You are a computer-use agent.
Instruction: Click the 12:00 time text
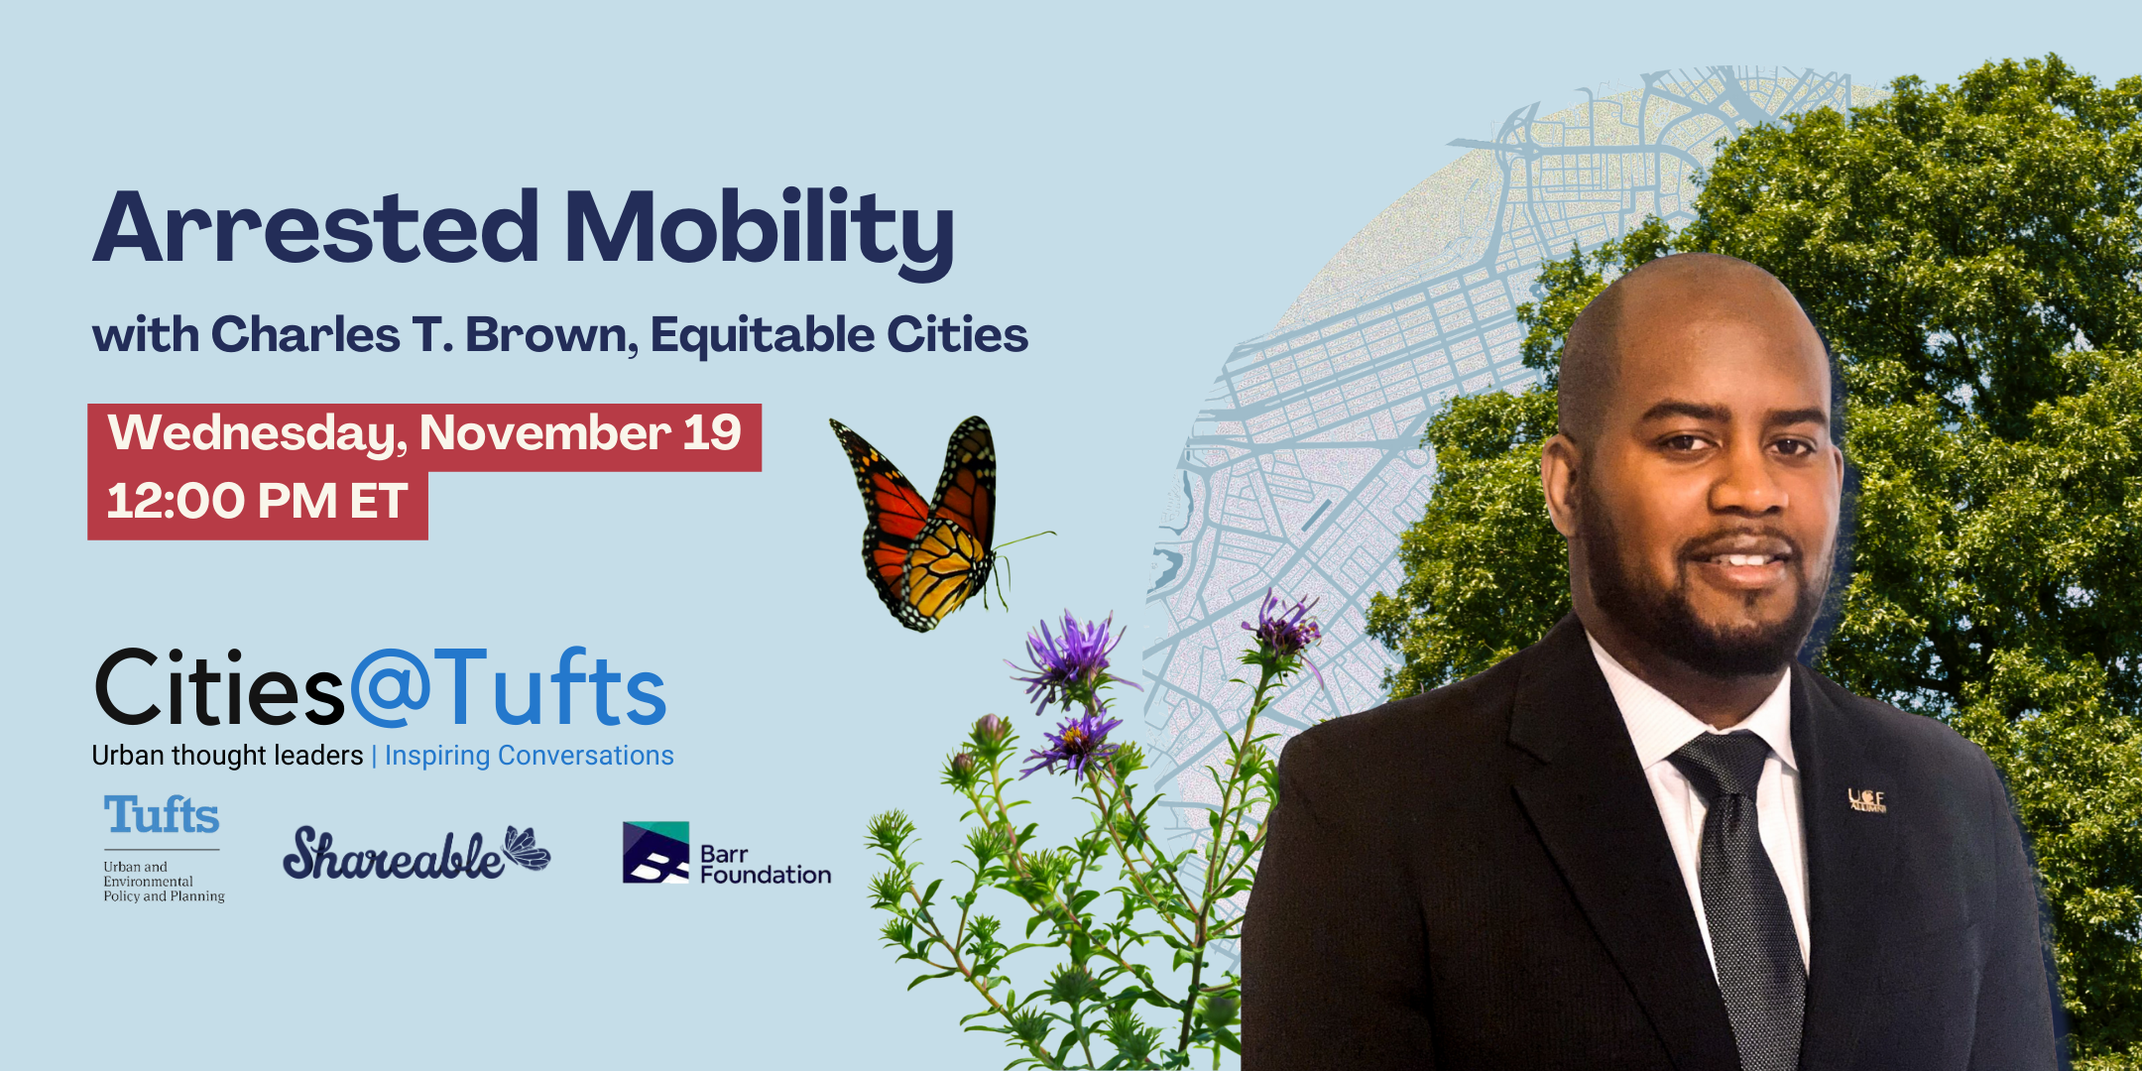[x=175, y=502]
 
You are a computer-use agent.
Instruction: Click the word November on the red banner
[x=544, y=432]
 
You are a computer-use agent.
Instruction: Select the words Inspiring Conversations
[x=529, y=756]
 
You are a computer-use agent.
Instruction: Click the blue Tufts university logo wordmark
[x=162, y=815]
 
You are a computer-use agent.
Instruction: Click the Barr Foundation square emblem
[x=654, y=852]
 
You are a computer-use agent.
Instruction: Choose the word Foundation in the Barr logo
[x=766, y=875]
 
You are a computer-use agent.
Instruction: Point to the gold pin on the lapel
[x=1865, y=799]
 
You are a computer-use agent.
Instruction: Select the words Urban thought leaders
[x=227, y=756]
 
